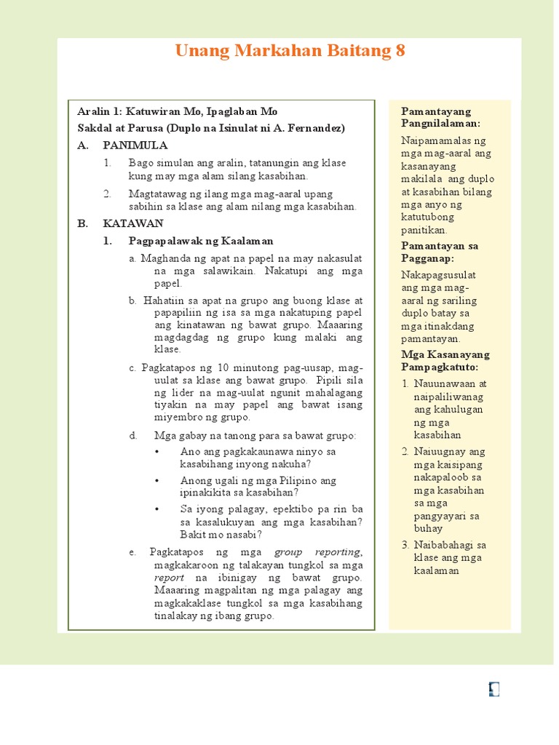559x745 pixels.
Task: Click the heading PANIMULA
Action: (x=135, y=145)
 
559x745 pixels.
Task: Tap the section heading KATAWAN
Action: (x=133, y=223)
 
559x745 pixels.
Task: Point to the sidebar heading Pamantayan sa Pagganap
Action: (x=440, y=252)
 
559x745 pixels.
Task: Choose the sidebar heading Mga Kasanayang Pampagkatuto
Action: (x=445, y=361)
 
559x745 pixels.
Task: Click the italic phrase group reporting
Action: (x=317, y=552)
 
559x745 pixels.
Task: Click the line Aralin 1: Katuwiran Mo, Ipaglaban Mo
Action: (x=178, y=112)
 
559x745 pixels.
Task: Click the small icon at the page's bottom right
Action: (x=494, y=690)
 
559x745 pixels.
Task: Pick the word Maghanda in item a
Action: (x=166, y=258)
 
